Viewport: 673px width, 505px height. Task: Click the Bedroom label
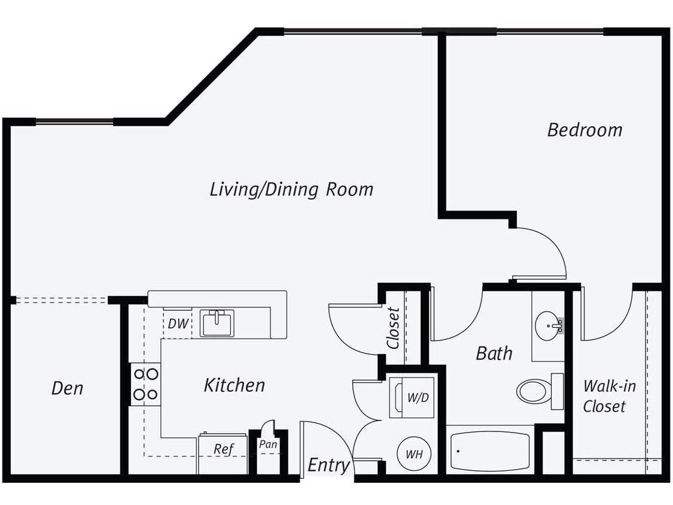584,130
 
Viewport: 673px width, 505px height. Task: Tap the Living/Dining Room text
291,190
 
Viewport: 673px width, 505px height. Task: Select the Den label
67,388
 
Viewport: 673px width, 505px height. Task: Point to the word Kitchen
234,385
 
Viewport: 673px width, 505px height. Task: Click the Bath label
494,353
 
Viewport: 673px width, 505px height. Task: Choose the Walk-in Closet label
605,396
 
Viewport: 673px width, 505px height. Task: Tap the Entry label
328,465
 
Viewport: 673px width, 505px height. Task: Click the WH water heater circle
414,454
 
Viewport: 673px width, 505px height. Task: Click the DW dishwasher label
178,324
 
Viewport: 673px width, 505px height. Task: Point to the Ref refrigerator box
223,449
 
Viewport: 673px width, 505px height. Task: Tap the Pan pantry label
268,445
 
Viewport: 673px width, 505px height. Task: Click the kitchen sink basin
217,323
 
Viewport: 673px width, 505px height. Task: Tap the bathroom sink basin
547,326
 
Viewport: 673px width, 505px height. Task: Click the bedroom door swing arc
544,251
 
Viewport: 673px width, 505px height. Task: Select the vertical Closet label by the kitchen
393,328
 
